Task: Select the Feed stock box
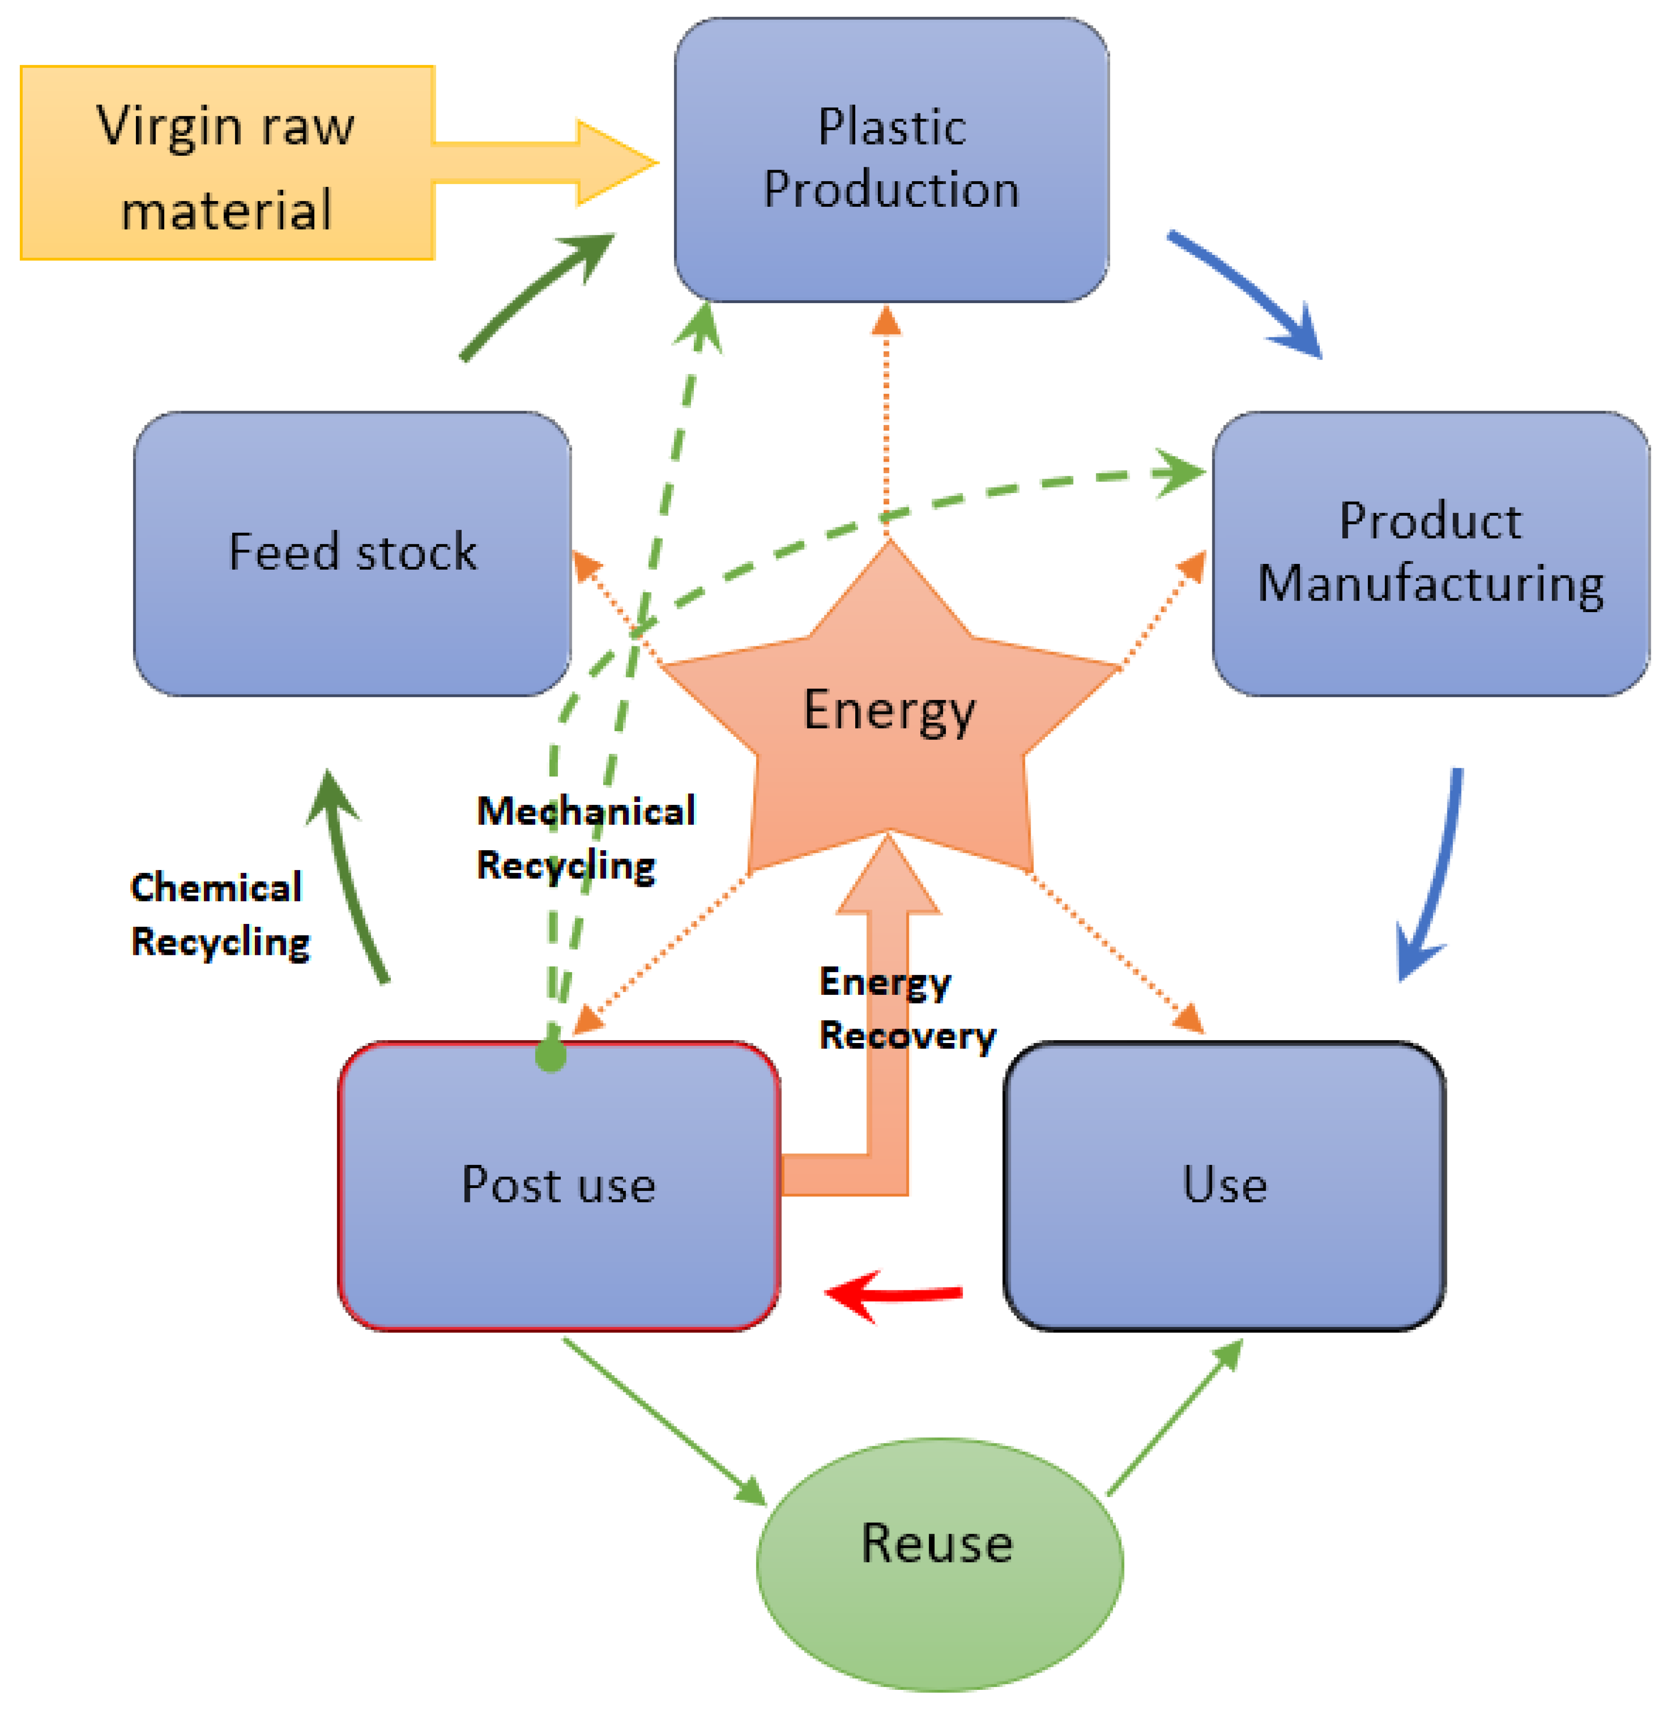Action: [x=352, y=554]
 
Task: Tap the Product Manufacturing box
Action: [x=1431, y=554]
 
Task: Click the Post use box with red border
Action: [x=559, y=1185]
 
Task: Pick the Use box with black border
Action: [x=1224, y=1185]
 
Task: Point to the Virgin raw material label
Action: [x=226, y=167]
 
